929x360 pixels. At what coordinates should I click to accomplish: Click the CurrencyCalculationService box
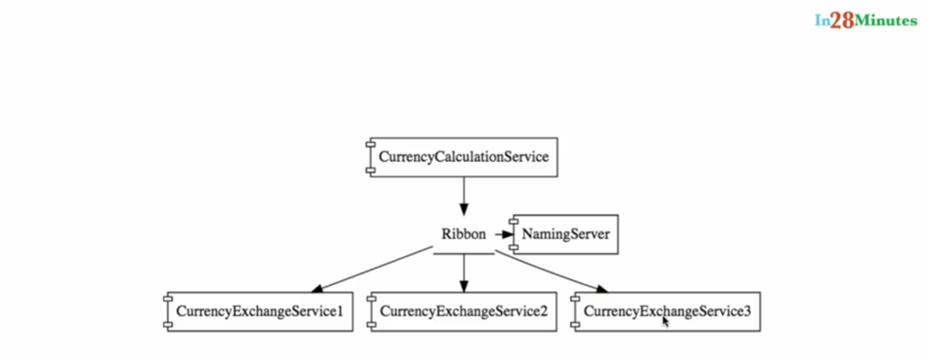click(463, 157)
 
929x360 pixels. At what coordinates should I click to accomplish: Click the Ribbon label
click(463, 234)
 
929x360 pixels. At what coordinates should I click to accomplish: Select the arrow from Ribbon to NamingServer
click(502, 234)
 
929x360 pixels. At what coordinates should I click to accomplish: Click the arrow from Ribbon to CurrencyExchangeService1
click(372, 270)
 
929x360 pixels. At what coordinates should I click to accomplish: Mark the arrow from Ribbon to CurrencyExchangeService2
click(464, 274)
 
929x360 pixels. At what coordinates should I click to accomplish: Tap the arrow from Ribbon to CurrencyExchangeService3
click(553, 271)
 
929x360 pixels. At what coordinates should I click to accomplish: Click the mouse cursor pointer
click(666, 322)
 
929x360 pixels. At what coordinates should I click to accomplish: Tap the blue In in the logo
click(821, 20)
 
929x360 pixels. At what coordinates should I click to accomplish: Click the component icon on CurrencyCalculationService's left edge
click(371, 157)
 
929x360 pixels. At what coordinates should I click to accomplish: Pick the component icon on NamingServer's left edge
click(514, 234)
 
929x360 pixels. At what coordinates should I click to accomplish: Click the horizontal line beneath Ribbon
click(464, 254)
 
